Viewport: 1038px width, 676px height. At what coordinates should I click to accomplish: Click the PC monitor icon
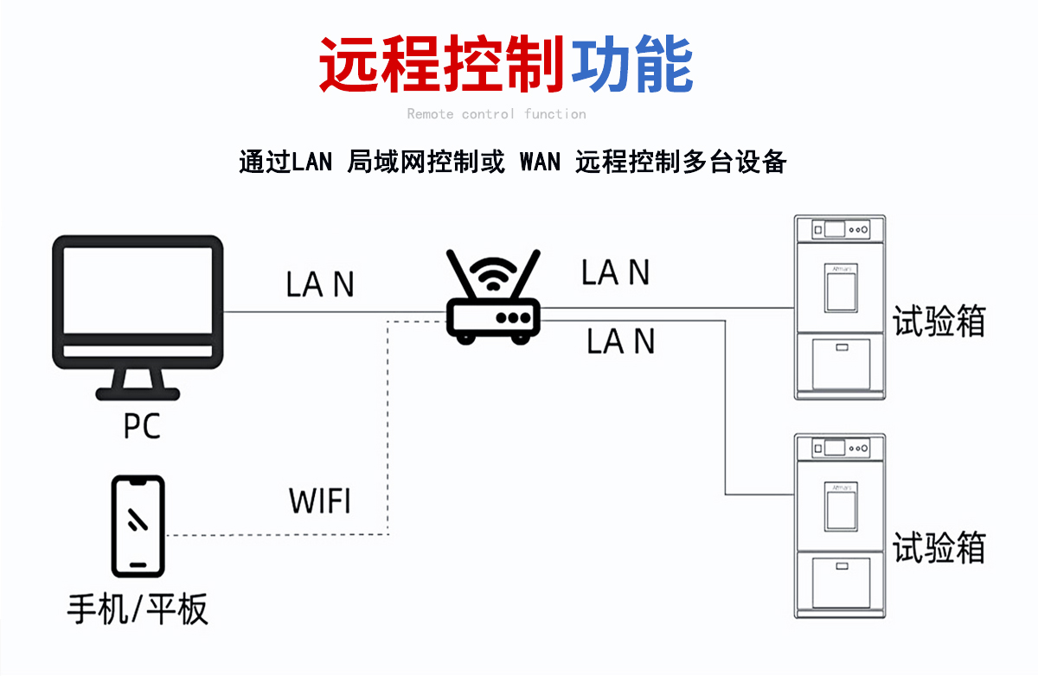click(x=138, y=303)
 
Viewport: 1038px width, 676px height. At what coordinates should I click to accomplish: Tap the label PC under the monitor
click(x=142, y=425)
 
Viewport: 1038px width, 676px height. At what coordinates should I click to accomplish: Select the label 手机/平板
click(x=138, y=609)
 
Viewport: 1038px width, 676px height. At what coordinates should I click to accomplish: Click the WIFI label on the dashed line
click(x=320, y=501)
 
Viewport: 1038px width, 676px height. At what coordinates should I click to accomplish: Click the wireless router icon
click(x=493, y=298)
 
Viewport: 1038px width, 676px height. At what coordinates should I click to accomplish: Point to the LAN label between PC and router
click(x=320, y=284)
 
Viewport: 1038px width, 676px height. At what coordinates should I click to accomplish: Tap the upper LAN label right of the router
click(x=615, y=273)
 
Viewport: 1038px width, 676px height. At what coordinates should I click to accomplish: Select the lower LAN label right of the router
click(x=620, y=341)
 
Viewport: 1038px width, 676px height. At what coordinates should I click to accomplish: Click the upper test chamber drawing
click(x=840, y=307)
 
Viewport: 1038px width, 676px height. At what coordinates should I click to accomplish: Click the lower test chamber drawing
click(x=840, y=526)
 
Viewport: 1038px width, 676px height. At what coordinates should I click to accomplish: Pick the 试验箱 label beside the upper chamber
click(x=939, y=322)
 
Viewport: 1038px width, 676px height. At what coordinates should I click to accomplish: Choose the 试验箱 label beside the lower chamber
click(x=939, y=548)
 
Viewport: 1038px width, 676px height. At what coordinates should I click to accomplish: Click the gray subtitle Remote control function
click(x=497, y=114)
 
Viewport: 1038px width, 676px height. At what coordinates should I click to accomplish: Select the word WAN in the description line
click(x=540, y=162)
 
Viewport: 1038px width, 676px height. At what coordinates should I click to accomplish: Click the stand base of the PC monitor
click(x=138, y=393)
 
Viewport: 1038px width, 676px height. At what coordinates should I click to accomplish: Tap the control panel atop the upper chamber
click(x=840, y=229)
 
